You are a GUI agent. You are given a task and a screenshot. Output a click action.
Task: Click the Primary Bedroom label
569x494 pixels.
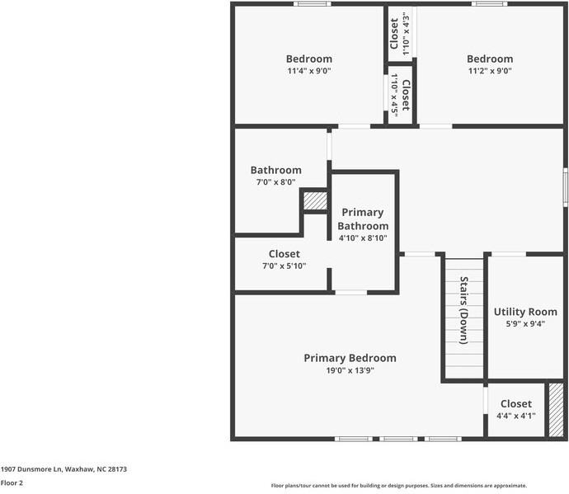[350, 358]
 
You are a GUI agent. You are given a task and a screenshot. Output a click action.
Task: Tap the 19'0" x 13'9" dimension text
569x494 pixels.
[350, 370]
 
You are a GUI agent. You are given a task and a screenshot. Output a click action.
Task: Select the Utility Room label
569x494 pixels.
[525, 312]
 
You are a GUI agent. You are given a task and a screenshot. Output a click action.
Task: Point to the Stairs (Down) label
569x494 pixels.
[463, 310]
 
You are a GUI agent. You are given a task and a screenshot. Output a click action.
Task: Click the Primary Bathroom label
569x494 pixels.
[363, 219]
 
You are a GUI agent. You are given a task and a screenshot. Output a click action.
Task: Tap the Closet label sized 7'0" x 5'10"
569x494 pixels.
[284, 254]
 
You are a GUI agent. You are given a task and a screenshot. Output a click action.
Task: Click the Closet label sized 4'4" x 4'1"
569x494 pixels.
[515, 404]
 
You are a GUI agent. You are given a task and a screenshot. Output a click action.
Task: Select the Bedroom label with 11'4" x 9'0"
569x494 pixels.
[309, 59]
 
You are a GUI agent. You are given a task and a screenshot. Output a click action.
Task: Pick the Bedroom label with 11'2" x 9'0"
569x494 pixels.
[490, 59]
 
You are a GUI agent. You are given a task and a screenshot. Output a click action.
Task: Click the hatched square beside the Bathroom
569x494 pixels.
[314, 200]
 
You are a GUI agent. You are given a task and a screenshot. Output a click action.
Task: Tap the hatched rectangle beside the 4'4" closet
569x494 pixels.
[557, 409]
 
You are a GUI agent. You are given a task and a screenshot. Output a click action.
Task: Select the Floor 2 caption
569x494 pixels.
[11, 484]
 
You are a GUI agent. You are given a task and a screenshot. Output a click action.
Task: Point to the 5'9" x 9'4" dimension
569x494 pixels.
[525, 324]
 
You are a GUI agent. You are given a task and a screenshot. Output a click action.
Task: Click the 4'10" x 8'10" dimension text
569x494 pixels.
[363, 238]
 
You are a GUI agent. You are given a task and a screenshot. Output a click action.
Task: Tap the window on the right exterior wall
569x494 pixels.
[565, 186]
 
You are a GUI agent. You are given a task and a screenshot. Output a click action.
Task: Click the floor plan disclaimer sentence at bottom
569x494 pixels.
[399, 486]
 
